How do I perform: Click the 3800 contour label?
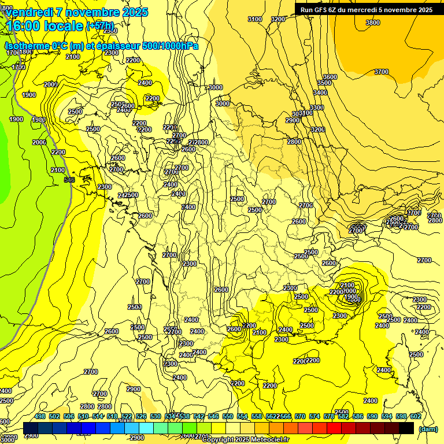(373, 23)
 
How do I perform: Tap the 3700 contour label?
(382, 72)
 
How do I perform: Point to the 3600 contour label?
(330, 77)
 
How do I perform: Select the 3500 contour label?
(324, 83)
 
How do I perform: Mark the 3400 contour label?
(320, 92)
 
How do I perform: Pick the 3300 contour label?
(317, 108)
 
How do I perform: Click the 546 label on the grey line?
(69, 180)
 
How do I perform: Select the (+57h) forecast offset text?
(99, 26)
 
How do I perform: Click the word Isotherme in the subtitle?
(27, 46)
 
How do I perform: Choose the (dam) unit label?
(428, 429)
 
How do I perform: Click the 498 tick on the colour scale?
(40, 416)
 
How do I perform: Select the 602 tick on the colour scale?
(416, 416)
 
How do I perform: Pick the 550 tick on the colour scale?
(228, 416)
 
